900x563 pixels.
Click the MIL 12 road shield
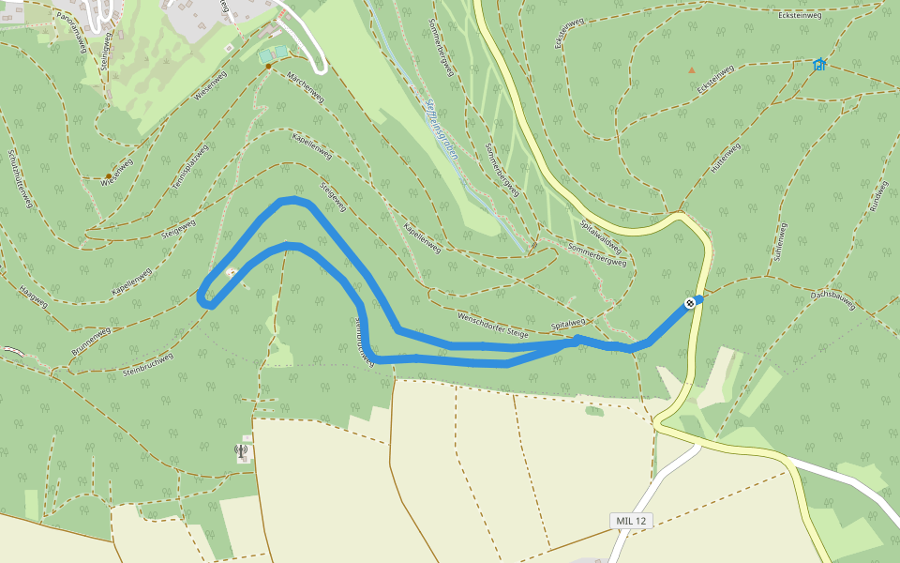pyautogui.click(x=632, y=521)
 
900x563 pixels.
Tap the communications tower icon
pyautogui.click(x=242, y=452)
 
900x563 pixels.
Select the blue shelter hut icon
pyautogui.click(x=819, y=65)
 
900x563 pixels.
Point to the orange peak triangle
pyautogui.click(x=692, y=70)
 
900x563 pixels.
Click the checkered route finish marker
pyautogui.click(x=690, y=302)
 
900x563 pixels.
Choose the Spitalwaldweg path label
pyautogui.click(x=601, y=235)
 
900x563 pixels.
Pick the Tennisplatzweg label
pyautogui.click(x=189, y=173)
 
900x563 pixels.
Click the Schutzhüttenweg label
pyautogui.click(x=21, y=178)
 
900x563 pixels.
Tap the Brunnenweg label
pyautogui.click(x=91, y=342)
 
